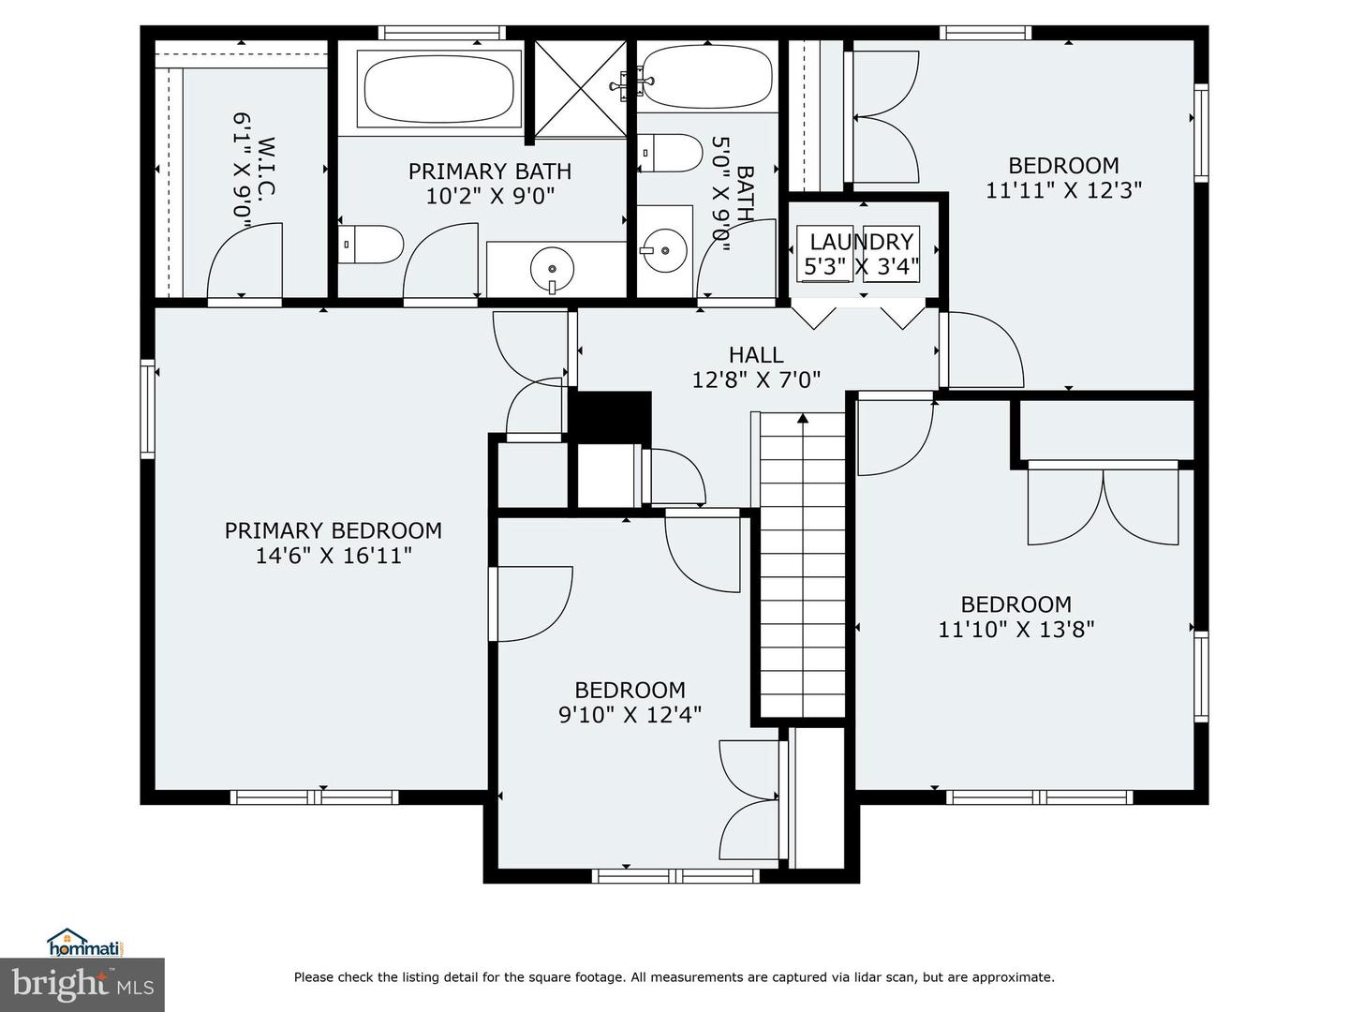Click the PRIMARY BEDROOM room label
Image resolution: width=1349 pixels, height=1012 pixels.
pos(333,530)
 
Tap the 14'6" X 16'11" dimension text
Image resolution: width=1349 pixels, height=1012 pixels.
pos(333,556)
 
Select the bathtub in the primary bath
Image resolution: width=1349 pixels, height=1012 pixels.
pos(439,89)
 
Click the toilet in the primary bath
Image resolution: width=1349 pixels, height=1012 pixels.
pos(370,244)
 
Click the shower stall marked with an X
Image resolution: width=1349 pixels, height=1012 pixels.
pos(580,88)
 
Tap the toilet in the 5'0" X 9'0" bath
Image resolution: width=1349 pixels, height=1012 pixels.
pos(670,153)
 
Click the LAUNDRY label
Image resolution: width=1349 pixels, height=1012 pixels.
pos(861,242)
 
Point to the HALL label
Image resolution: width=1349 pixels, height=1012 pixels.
pos(756,355)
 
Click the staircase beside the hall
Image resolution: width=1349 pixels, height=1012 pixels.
pos(802,562)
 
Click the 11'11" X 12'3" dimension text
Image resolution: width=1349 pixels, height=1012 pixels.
pos(1063,190)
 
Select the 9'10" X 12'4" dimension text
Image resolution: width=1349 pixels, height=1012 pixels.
pos(630,715)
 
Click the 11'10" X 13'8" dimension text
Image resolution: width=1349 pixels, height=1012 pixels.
pos(1015,629)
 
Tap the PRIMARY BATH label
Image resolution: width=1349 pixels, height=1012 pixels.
pos(489,171)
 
